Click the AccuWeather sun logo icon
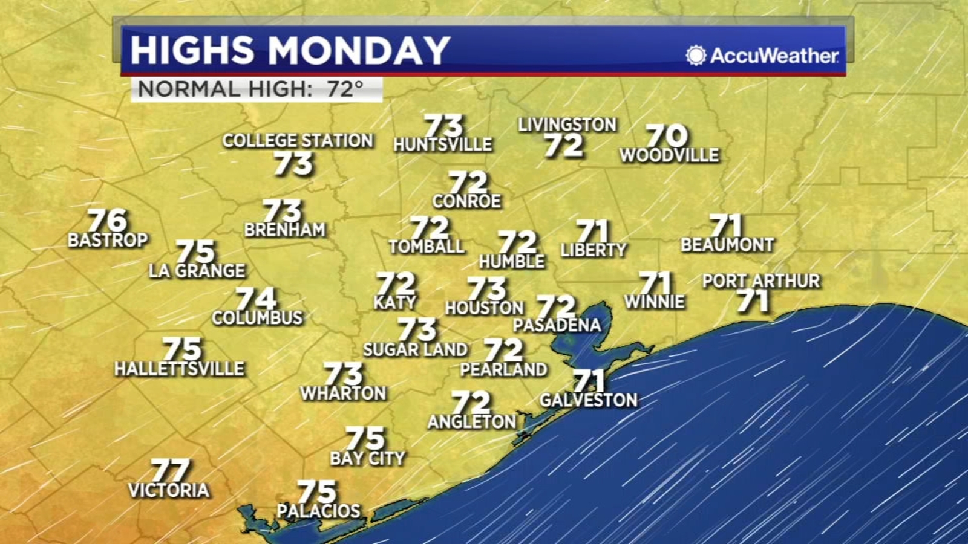[696, 56]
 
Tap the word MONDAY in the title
[359, 50]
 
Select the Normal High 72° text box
[257, 89]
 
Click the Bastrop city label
[108, 241]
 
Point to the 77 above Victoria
[171, 470]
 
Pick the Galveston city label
[589, 400]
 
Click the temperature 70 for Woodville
[667, 135]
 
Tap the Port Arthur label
[761, 281]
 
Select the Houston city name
[484, 308]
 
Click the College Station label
[298, 141]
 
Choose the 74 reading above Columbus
[256, 299]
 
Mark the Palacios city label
[319, 511]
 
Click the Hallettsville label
[180, 369]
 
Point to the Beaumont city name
[727, 245]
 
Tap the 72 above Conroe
[468, 183]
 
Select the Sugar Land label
[416, 349]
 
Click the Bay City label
[367, 459]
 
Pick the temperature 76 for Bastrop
[108, 220]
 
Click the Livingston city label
[567, 125]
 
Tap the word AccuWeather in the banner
[774, 56]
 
